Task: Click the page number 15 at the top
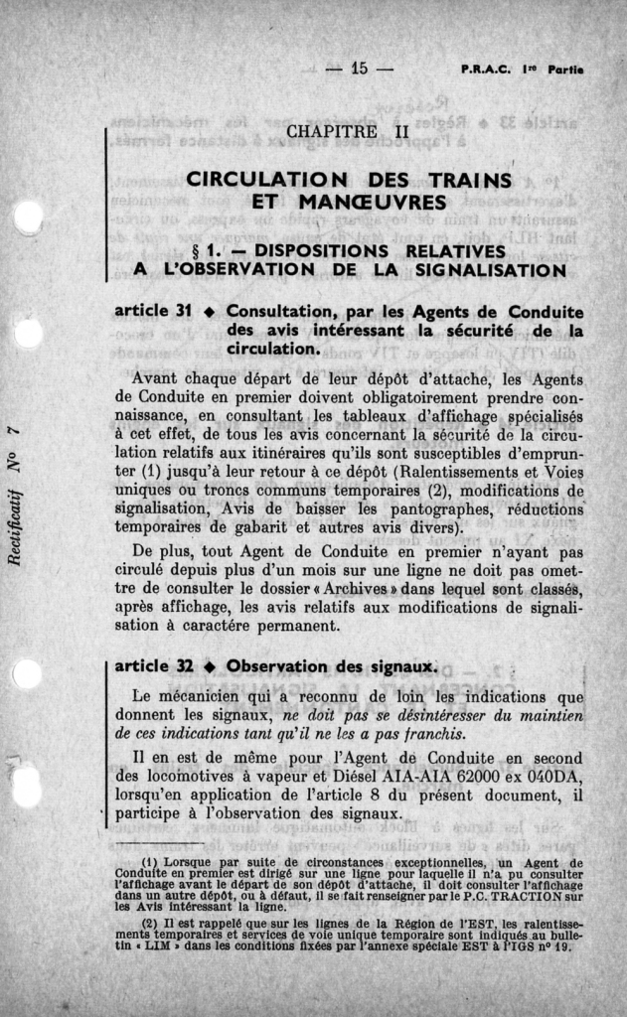tap(359, 69)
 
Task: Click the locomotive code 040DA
tap(552, 776)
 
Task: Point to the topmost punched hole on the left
tap(27, 217)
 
